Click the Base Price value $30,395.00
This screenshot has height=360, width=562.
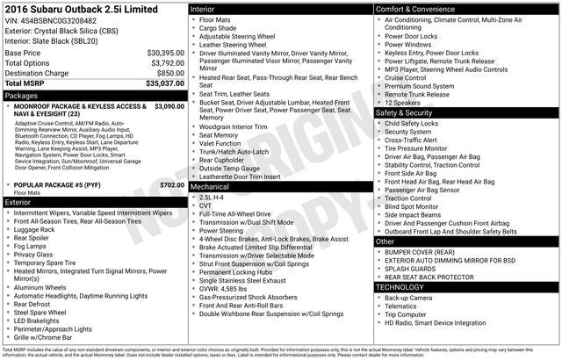[165, 53]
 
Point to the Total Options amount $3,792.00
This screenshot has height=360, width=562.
[167, 63]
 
